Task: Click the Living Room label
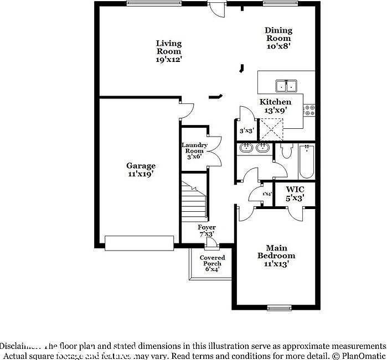point(168,51)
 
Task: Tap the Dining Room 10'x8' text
point(278,38)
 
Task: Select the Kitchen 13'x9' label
point(275,106)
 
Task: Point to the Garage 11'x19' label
point(141,169)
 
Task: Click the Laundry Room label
point(194,150)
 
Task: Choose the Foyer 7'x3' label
point(207,231)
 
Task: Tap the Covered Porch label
point(212,263)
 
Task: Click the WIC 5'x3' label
point(295,193)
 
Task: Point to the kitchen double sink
point(286,86)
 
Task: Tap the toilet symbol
point(286,150)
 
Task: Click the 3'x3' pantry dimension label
point(246,131)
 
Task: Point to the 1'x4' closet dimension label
point(267,194)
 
